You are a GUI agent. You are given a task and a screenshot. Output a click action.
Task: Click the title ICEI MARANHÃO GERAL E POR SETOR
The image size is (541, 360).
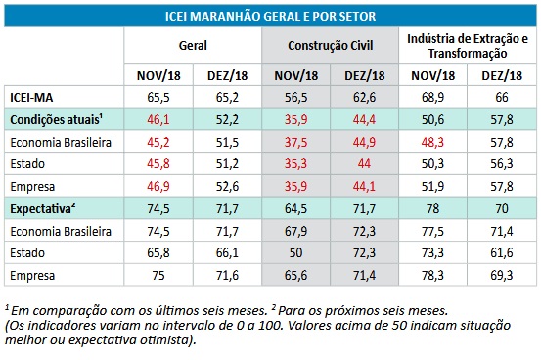click(270, 17)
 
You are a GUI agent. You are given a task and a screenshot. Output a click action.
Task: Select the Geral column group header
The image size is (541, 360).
click(193, 46)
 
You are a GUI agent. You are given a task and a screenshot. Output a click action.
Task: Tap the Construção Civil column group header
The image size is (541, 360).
click(331, 46)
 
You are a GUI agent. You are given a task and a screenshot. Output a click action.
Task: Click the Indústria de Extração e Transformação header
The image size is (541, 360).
click(468, 46)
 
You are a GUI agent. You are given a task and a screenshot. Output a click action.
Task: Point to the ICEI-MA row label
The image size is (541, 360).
click(31, 98)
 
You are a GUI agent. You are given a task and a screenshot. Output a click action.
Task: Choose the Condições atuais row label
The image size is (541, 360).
click(56, 119)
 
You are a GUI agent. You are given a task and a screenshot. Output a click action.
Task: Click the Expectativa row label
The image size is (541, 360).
click(43, 208)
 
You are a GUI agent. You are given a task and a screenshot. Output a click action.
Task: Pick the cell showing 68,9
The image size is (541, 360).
click(432, 97)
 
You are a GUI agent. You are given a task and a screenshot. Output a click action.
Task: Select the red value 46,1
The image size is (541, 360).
click(158, 119)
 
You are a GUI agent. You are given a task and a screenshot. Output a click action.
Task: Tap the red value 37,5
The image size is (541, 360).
click(295, 142)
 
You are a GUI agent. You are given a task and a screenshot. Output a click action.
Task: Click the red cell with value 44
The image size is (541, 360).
click(364, 163)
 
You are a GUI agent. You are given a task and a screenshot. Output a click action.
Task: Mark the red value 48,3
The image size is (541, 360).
click(432, 142)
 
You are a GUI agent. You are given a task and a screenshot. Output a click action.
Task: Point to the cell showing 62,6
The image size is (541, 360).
click(364, 97)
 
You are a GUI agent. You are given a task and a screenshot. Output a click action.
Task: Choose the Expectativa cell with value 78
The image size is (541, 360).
click(432, 208)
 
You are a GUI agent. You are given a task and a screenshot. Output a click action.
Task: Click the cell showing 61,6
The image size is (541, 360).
click(502, 253)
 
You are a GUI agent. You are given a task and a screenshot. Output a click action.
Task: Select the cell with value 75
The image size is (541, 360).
click(158, 276)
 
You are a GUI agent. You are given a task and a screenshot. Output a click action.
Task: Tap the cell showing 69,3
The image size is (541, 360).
click(502, 276)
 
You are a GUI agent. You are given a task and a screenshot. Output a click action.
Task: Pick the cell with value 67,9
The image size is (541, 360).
click(295, 231)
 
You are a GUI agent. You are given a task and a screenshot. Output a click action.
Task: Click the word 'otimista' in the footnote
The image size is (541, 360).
click(164, 340)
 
